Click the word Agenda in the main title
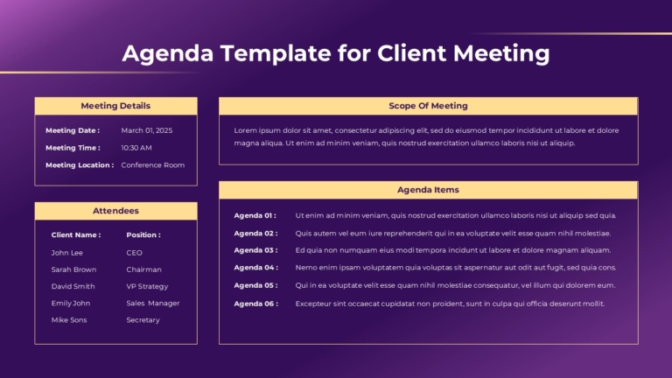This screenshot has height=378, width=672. click(168, 54)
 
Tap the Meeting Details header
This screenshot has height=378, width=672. click(115, 106)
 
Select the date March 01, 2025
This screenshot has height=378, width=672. click(147, 130)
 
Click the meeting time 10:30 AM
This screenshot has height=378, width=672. click(136, 148)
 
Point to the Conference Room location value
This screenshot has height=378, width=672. click(152, 165)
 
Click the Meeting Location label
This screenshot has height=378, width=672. click(80, 165)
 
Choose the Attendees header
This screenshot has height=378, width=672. click(115, 211)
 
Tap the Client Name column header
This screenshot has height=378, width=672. click(76, 234)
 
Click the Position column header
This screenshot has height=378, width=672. click(143, 234)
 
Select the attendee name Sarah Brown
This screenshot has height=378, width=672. click(73, 269)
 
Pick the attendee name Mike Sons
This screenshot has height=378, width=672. click(69, 320)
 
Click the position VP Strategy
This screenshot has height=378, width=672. click(147, 286)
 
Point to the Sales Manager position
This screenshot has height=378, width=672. click(152, 303)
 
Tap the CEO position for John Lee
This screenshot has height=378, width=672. click(134, 253)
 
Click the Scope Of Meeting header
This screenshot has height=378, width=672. click(428, 106)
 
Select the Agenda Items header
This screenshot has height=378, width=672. click(428, 190)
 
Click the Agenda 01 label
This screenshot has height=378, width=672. click(255, 215)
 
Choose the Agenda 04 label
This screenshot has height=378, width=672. click(255, 268)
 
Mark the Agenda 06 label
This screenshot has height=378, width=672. click(255, 304)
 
